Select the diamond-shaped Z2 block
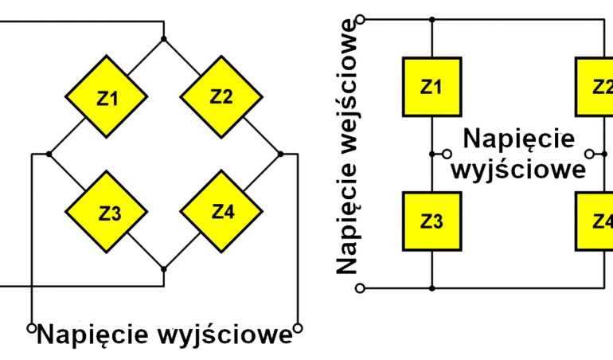point(221,97)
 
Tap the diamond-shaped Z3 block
point(106,213)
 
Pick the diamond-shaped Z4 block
point(221,212)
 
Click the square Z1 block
point(431,87)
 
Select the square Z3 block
point(431,221)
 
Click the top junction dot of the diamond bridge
point(164,38)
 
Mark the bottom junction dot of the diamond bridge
point(164,269)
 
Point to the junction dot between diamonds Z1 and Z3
point(49,154)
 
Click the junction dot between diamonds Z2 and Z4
point(279,154)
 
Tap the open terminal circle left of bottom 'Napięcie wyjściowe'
point(32,327)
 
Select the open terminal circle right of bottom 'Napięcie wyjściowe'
point(298,327)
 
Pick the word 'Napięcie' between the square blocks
point(518,139)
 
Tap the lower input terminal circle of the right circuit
point(361,287)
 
